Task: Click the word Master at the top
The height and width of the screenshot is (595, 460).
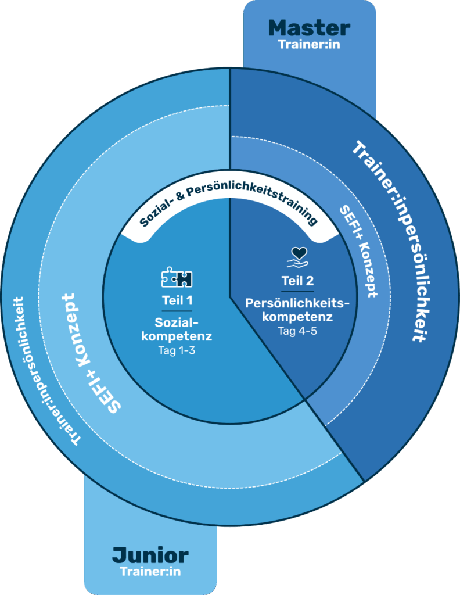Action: tap(309, 28)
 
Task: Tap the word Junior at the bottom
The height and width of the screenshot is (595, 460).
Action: tap(150, 555)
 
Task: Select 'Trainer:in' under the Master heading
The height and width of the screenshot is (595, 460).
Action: tap(309, 45)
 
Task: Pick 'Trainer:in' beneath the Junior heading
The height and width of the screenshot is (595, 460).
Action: tap(150, 572)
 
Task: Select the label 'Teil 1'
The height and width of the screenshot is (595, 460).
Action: tap(177, 301)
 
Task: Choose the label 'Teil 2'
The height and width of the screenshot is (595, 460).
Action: tap(297, 281)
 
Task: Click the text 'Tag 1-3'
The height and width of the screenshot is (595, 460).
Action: tap(177, 350)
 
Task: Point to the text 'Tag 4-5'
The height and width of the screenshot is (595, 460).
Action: tap(297, 331)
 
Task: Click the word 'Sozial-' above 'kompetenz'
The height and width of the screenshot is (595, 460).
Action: tap(177, 322)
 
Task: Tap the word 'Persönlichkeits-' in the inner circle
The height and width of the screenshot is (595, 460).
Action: tap(297, 303)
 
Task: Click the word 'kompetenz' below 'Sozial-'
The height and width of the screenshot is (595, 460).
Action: tap(177, 336)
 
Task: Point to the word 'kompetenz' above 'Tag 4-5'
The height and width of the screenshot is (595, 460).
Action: tap(297, 317)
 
